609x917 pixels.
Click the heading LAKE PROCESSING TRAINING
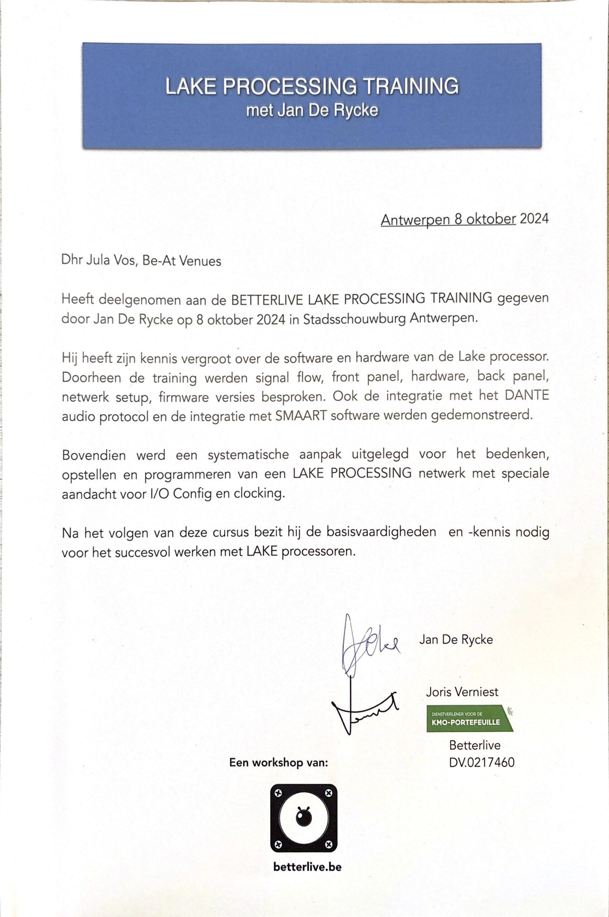[x=312, y=86]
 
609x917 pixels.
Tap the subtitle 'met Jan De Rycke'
[x=312, y=110]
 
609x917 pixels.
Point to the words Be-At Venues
[x=181, y=261]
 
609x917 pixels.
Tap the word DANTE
[x=527, y=395]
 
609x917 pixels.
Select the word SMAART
[x=301, y=416]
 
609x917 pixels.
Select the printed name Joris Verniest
[x=462, y=692]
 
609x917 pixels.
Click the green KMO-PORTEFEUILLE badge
[x=469, y=719]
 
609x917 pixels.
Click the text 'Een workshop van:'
[x=278, y=763]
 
